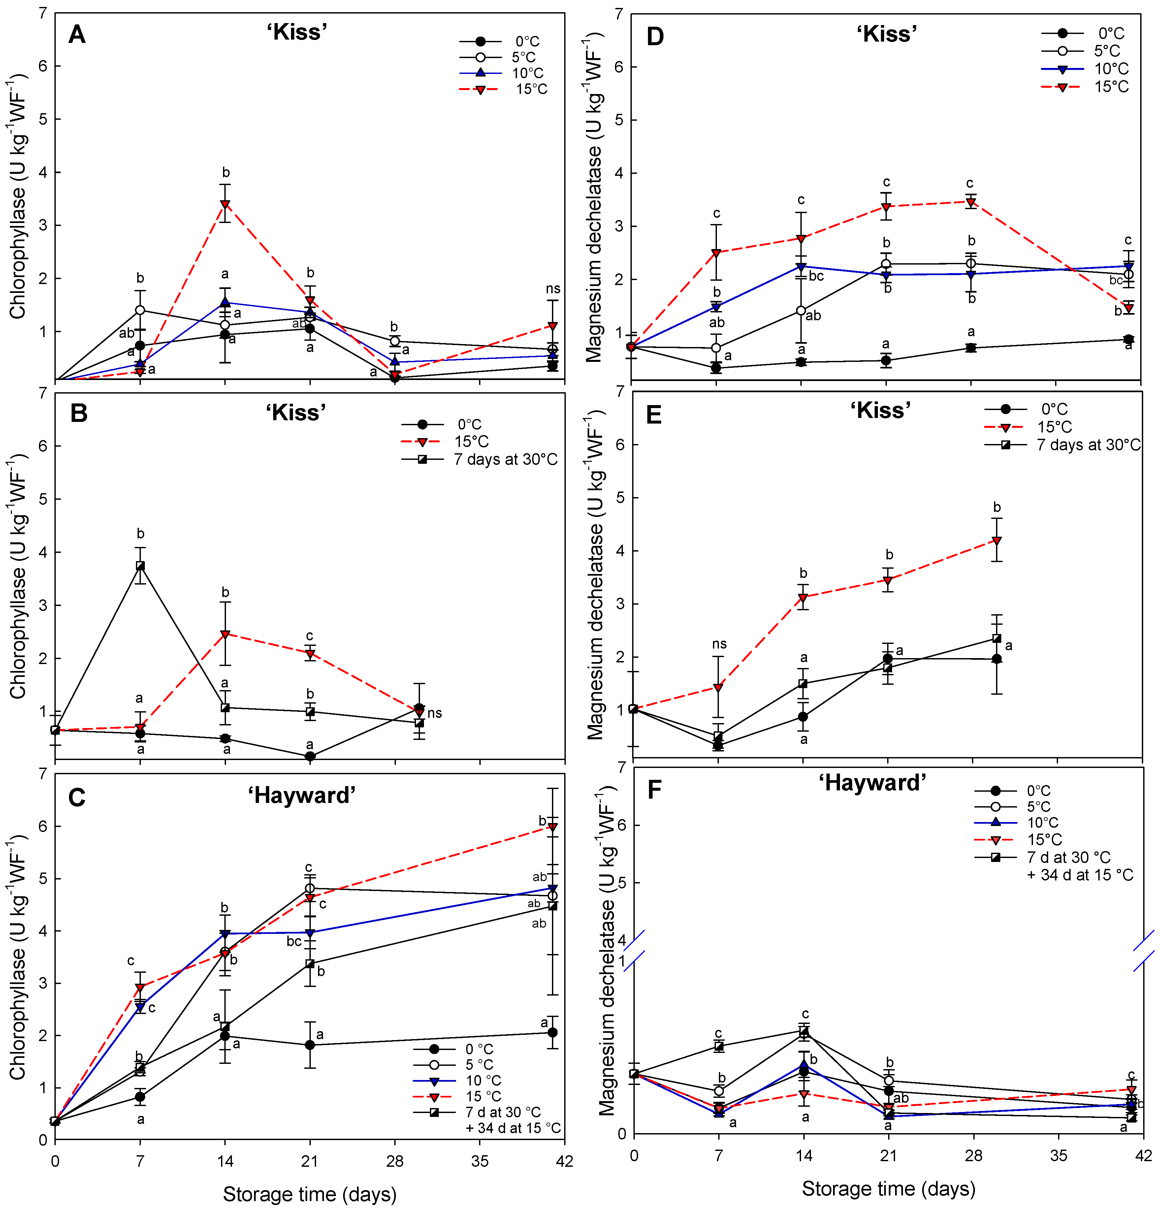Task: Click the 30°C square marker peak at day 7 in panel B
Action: (x=141, y=566)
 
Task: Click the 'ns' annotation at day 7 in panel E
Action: (x=719, y=644)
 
